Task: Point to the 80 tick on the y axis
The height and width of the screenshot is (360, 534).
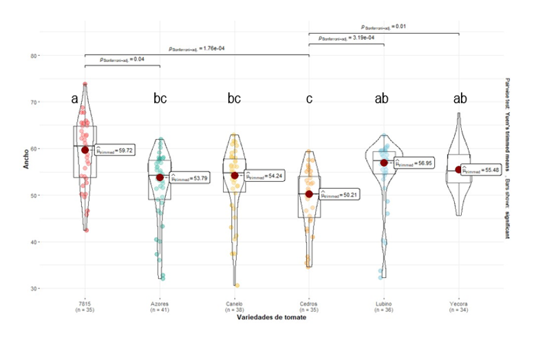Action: coord(34,55)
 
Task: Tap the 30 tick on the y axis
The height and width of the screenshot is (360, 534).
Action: coord(34,288)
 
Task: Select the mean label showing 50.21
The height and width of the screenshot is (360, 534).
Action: coord(339,195)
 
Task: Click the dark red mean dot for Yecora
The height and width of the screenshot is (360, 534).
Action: coord(458,169)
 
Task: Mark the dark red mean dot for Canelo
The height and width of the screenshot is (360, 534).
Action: coord(235,176)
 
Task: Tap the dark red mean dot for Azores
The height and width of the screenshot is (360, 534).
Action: coord(160,178)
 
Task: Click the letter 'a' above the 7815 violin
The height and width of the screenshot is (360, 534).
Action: coord(75,99)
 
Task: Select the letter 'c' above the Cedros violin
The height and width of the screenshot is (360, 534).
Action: coord(309,99)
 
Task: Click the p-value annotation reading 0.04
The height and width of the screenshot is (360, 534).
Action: coord(122,60)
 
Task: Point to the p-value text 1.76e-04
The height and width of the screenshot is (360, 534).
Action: coord(197,49)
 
